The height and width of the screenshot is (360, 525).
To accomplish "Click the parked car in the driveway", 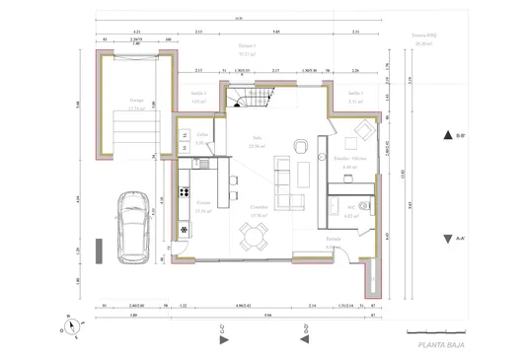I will [x=132, y=226].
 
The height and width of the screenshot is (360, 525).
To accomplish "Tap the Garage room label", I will [x=136, y=100].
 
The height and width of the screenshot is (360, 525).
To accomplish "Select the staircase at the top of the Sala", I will [x=251, y=99].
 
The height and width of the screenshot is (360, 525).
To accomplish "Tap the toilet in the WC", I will [x=364, y=205].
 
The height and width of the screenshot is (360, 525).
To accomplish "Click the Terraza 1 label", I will [x=247, y=46].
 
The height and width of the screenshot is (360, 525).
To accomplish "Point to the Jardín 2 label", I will [x=197, y=92].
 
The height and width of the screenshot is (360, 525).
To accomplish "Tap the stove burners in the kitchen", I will [x=184, y=189].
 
